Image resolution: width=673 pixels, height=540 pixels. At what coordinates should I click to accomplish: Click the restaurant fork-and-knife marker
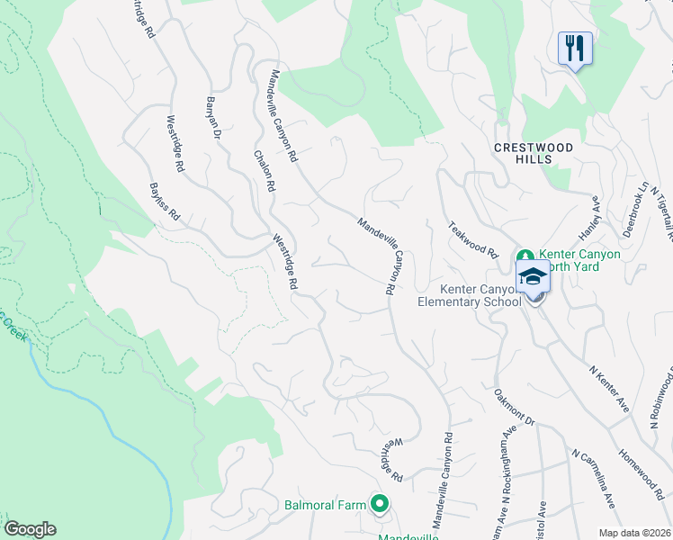[x=575, y=47]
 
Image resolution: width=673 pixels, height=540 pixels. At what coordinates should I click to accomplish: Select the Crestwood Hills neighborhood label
[x=532, y=151]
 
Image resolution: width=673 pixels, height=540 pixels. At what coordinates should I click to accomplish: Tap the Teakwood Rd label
[x=472, y=238]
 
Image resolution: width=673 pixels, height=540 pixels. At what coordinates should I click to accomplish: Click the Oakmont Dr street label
[x=514, y=407]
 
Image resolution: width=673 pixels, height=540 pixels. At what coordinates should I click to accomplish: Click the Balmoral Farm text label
[x=327, y=505]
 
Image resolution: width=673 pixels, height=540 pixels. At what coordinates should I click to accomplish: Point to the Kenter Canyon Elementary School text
[x=469, y=295]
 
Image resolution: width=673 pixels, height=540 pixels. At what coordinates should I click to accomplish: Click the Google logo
[x=30, y=529]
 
